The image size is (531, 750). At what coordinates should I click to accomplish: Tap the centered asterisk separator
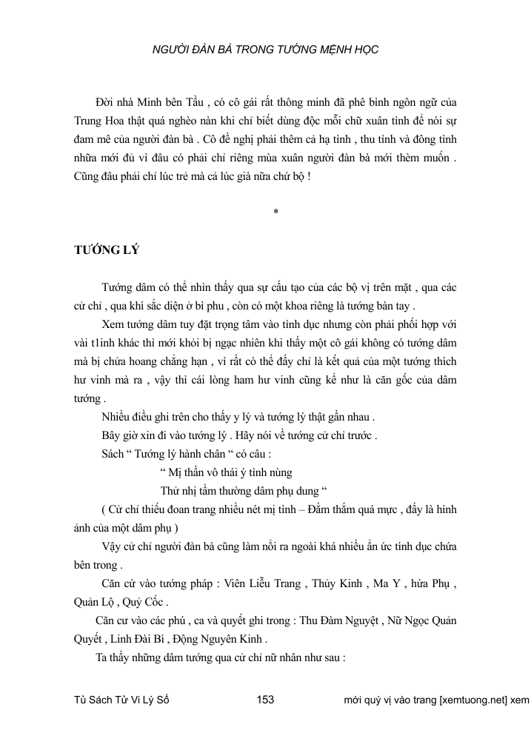[x=275, y=212]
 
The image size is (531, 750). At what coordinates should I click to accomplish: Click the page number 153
[x=265, y=700]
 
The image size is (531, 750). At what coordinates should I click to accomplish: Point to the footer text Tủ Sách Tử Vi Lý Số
[x=123, y=700]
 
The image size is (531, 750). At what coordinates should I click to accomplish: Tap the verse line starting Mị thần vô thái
[x=226, y=472]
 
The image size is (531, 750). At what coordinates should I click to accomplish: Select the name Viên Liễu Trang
[x=264, y=584]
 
